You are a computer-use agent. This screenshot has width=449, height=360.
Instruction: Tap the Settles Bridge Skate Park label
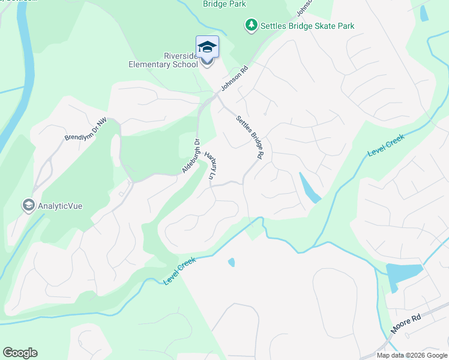click(307, 26)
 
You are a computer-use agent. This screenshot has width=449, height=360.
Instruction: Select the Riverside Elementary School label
click(164, 60)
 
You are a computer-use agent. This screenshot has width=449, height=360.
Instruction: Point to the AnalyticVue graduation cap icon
click(28, 206)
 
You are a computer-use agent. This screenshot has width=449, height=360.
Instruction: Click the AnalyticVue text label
click(60, 206)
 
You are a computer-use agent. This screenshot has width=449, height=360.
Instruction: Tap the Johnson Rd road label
click(234, 79)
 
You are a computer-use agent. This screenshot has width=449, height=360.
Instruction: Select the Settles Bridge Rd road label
click(250, 137)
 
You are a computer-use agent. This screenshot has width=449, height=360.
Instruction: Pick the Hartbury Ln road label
click(210, 166)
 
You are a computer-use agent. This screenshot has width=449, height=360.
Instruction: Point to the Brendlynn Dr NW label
click(85, 129)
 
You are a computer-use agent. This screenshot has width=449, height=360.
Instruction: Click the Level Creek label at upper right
click(386, 146)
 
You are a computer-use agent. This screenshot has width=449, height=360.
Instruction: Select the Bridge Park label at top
click(224, 4)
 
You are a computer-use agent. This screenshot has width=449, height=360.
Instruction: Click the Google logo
click(20, 353)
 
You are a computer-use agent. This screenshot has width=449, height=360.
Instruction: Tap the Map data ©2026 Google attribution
click(411, 355)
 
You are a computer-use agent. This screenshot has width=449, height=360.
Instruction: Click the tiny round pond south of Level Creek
click(231, 262)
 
